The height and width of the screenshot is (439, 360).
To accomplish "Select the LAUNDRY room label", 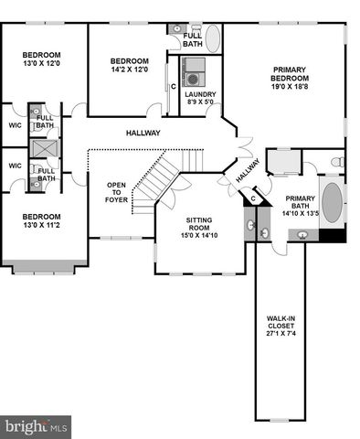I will click(x=199, y=94).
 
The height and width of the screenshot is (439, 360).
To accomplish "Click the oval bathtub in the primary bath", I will click(x=331, y=204).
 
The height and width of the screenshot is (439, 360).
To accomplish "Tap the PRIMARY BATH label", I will click(x=300, y=203).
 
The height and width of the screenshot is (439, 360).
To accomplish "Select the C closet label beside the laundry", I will click(x=173, y=87).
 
